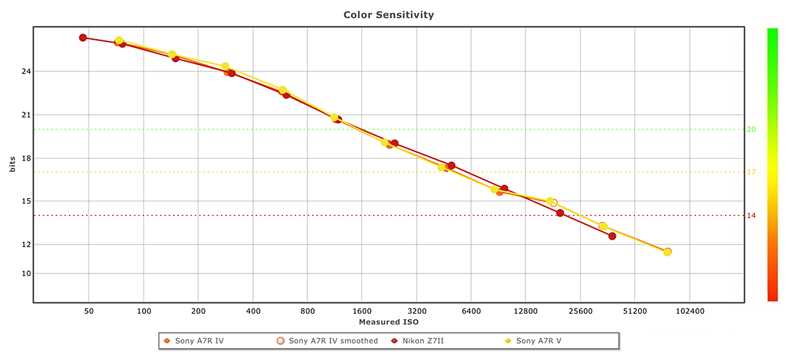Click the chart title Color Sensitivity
[x=389, y=14]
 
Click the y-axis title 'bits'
[x=13, y=165]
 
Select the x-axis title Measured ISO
[x=389, y=322]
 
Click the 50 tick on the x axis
[x=89, y=310]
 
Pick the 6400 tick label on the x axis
[x=471, y=310]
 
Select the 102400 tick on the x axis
[x=689, y=310]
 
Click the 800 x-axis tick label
[x=307, y=310]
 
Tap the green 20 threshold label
[x=751, y=129]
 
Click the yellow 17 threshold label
[x=751, y=172]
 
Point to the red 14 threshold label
[x=751, y=215]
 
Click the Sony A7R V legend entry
[x=538, y=341]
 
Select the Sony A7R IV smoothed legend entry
[x=332, y=341]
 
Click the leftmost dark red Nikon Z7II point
[x=83, y=38]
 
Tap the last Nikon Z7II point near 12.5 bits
[x=612, y=236]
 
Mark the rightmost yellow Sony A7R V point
[x=667, y=252]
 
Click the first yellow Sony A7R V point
[x=119, y=40]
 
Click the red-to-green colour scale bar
[x=772, y=165]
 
